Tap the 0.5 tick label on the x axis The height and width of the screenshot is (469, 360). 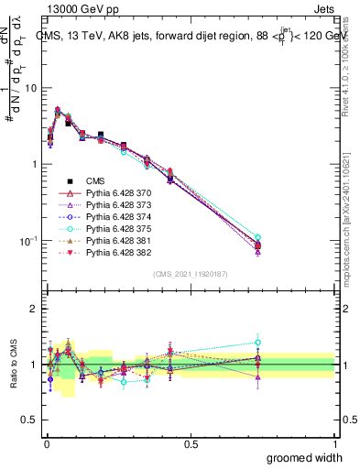point(191,442)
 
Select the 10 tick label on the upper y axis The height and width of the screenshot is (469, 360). point(30,88)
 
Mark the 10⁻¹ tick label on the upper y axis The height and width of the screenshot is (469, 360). point(27,240)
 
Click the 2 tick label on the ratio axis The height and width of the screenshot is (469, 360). point(34,309)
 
